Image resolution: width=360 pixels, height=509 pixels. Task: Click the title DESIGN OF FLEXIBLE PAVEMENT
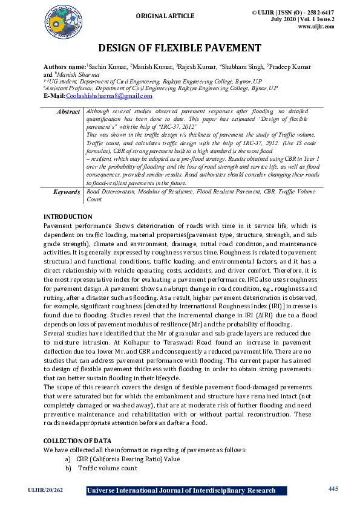coord(180,48)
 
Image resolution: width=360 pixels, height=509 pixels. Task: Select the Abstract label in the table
coord(68,112)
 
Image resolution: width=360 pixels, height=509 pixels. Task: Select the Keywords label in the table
coord(66,192)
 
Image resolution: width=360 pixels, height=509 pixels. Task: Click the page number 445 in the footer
coord(333,488)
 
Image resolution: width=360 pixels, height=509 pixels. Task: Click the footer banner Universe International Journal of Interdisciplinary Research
coord(182,490)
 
